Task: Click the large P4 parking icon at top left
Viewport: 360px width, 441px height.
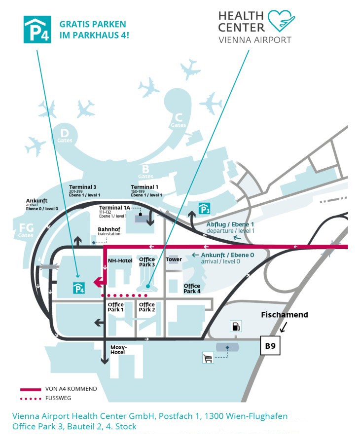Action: tap(37, 29)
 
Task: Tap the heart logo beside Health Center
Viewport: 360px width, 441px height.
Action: tap(281, 21)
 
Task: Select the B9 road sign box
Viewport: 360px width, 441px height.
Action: tap(270, 345)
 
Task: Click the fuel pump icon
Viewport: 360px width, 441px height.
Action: tap(236, 326)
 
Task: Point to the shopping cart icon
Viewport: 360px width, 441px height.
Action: tap(208, 358)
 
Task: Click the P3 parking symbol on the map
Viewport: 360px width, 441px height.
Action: tap(204, 208)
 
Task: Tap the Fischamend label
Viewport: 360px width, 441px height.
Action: tap(285, 314)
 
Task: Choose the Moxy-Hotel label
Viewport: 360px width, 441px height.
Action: tap(118, 350)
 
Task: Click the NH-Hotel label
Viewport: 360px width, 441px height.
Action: tap(120, 261)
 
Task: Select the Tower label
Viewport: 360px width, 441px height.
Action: tap(174, 259)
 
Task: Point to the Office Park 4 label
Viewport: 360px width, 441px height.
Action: tap(192, 289)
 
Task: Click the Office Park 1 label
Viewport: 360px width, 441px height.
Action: tap(115, 307)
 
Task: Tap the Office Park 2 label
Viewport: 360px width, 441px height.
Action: tap(147, 307)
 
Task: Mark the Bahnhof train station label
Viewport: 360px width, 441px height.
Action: tap(109, 231)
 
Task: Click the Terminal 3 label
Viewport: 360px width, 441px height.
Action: tap(84, 190)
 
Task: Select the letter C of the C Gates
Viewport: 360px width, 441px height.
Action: tap(179, 117)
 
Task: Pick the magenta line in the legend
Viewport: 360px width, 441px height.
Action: tap(31, 390)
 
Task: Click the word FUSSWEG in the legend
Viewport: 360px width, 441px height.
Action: tap(58, 398)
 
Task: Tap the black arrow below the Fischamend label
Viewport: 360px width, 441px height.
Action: tap(284, 327)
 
